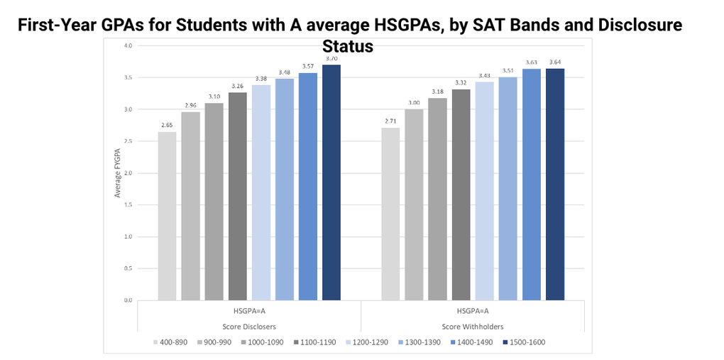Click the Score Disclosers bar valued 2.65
coord(167,216)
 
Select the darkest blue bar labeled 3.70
coord(331,182)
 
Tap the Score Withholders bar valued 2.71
coord(390,214)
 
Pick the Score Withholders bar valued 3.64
coord(554,185)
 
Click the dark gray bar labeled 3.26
coord(238,196)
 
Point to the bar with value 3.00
coord(414,204)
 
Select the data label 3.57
coord(307,66)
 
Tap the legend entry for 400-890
coord(170,342)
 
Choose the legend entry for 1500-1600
coord(523,342)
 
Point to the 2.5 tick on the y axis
coord(127,141)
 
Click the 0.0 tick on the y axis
coord(127,300)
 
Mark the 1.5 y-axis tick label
coord(127,204)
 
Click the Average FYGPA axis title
coord(118,173)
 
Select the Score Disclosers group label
coord(249,327)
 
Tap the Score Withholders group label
coord(473,327)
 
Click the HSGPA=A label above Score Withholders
coord(473,310)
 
